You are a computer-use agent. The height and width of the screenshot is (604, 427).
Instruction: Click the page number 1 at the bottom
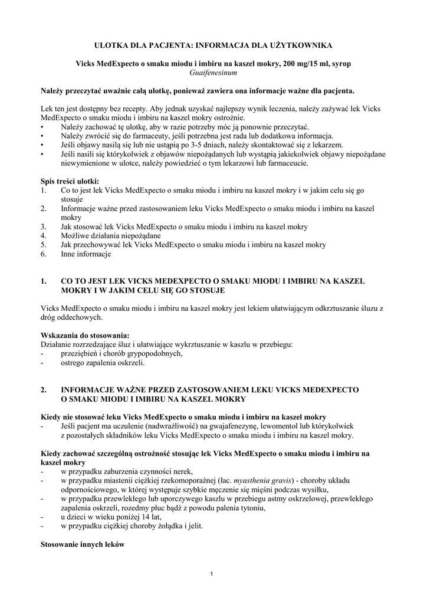[213, 575]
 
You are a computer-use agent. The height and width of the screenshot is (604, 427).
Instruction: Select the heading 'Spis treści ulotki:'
[70, 180]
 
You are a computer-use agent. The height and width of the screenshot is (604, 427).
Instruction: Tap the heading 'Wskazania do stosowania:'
[85, 335]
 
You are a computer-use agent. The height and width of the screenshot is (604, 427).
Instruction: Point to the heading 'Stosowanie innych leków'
[82, 545]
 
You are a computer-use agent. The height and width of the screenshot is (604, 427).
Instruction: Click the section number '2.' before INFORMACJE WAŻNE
[44, 390]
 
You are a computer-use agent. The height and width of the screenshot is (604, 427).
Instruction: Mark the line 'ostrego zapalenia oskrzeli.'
[103, 362]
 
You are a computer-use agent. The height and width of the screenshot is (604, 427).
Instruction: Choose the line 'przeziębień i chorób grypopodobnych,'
[121, 353]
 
